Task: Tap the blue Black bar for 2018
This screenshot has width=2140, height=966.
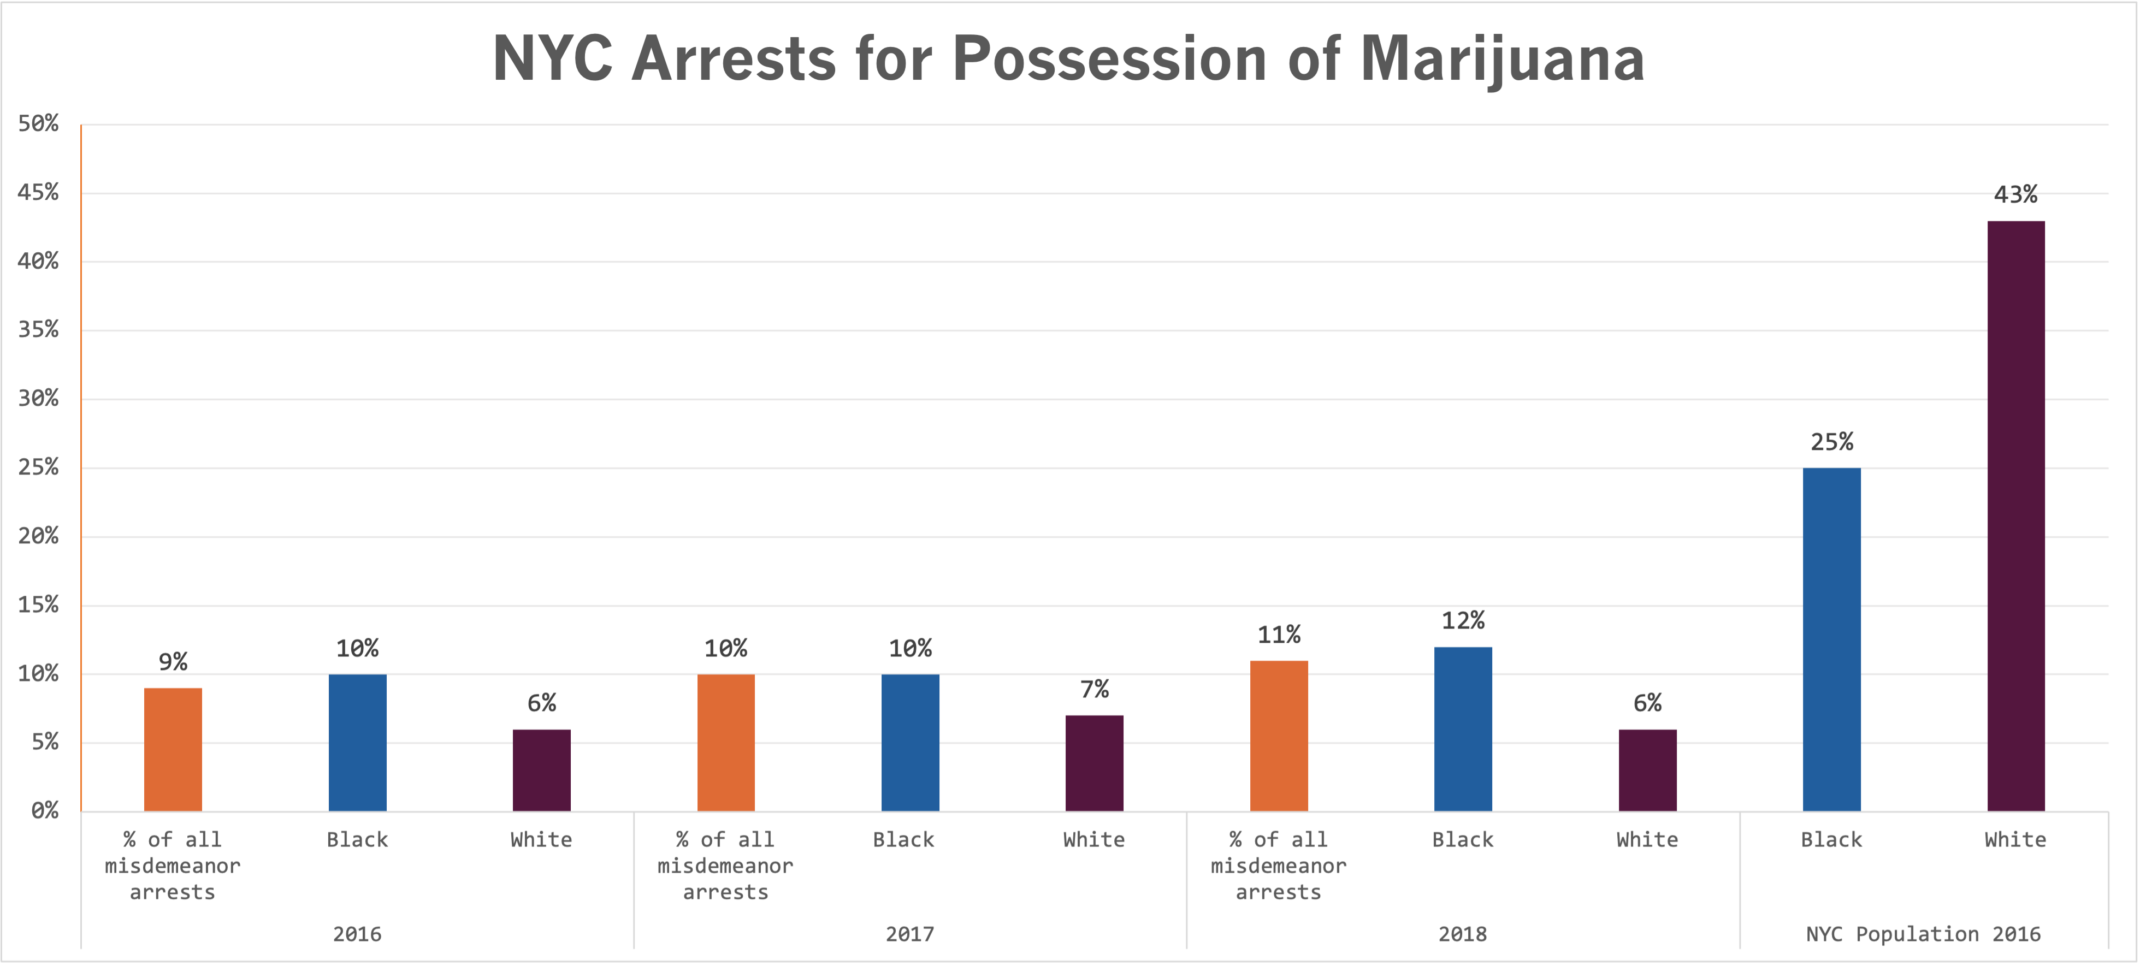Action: coord(1463,729)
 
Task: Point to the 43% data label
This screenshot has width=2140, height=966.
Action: coord(2015,195)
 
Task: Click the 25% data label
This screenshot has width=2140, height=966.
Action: coord(1832,442)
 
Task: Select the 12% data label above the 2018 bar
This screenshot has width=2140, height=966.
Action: coord(1463,620)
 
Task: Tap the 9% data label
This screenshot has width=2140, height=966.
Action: coord(173,662)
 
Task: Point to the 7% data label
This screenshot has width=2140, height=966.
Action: coord(1094,689)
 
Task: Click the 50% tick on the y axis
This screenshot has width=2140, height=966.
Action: coord(38,124)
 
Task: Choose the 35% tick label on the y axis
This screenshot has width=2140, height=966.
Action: coord(38,330)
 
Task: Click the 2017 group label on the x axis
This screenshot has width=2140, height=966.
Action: coord(909,934)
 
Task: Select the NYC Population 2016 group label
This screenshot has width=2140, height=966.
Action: coord(1923,934)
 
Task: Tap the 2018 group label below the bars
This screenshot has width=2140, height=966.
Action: coord(1463,934)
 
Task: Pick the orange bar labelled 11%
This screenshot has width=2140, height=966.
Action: coord(1279,736)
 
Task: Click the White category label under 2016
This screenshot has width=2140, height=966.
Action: coord(541,840)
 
